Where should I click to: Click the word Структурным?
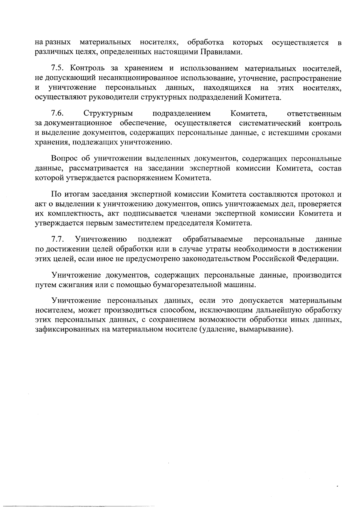click(x=108, y=113)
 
